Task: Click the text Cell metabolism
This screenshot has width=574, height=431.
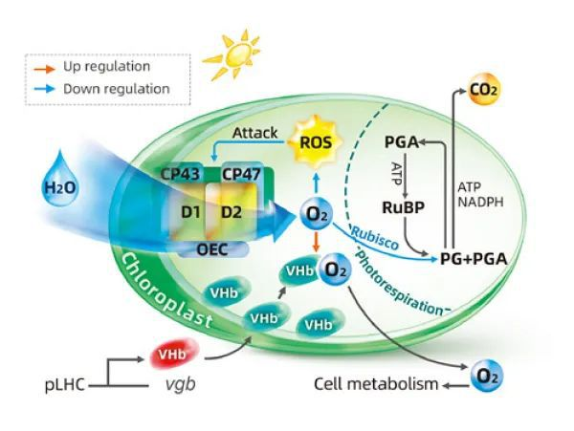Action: pos(376,385)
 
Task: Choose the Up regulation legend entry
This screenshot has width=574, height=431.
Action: pos(105,67)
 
